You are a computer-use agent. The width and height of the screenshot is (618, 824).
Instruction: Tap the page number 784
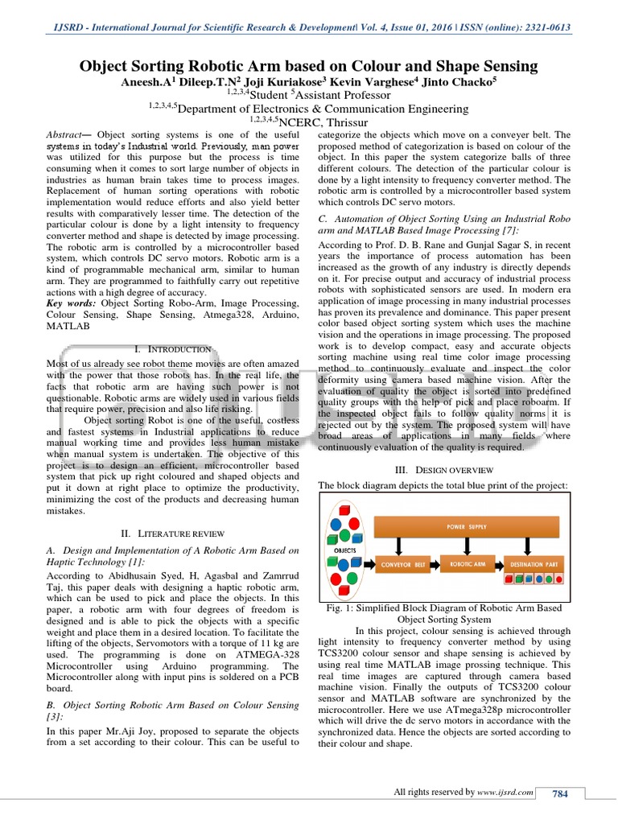[559, 794]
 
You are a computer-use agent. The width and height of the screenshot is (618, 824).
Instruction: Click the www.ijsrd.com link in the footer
[505, 793]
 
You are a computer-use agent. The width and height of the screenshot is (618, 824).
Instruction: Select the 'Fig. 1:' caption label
[337, 609]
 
